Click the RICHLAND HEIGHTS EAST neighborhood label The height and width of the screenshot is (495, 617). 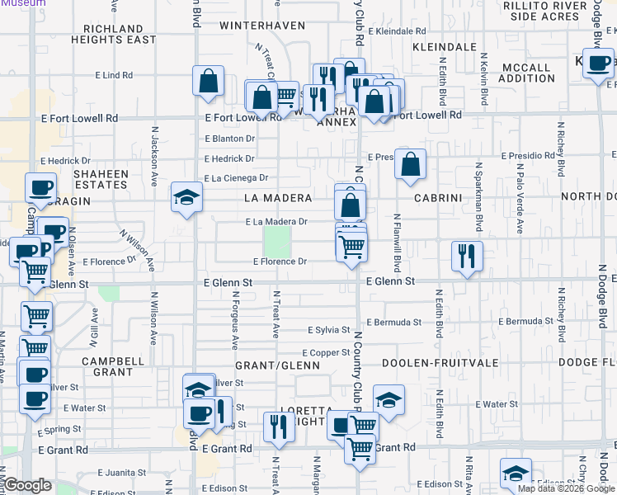coord(113,34)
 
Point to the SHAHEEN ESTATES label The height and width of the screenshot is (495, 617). coord(101,180)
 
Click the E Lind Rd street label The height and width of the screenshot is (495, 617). coord(114,75)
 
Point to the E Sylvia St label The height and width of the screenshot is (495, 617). coord(329,330)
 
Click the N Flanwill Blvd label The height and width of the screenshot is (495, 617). coord(397,243)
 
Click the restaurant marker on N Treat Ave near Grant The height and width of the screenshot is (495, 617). coord(280,427)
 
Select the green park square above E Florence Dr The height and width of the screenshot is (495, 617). coord(277,242)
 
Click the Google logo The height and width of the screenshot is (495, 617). coord(27,486)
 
